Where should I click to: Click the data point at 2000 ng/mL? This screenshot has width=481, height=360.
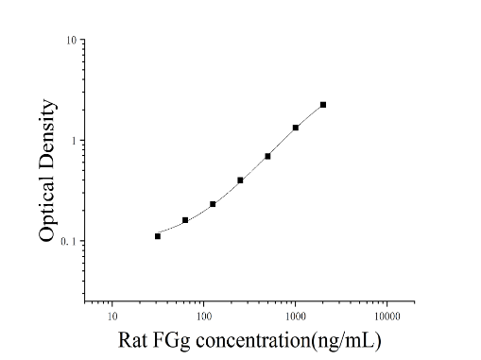coord(323,105)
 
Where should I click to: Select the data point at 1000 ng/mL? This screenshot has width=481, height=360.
coord(296,128)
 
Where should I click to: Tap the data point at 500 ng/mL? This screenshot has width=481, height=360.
coord(267,156)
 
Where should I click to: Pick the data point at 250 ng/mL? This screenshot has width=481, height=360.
coord(240,180)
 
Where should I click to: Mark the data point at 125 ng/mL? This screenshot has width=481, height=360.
coord(213,204)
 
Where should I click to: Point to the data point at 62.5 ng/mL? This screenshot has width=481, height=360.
coord(185,220)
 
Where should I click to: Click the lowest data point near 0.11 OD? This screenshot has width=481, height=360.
coord(158,236)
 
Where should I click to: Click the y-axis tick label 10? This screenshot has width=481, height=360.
coord(71,41)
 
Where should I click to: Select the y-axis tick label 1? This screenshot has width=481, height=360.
coord(74,141)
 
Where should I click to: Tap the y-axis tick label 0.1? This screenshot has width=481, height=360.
coord(69,241)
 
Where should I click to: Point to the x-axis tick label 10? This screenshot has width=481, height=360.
coord(112,316)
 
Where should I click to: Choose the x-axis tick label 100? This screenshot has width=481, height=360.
coord(204,316)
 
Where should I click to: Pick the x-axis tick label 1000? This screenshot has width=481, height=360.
coord(296,316)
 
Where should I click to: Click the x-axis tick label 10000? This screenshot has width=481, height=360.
coord(387,316)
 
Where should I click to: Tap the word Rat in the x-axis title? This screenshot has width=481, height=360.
coord(132,340)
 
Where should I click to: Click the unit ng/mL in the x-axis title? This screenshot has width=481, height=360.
coord(347,341)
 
